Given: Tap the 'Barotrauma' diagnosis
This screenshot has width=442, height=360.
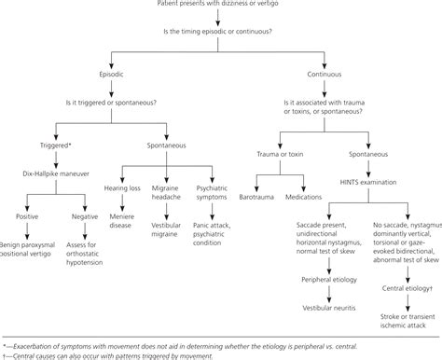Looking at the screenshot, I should (x=254, y=224).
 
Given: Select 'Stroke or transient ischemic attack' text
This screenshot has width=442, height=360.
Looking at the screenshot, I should (x=395, y=326).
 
